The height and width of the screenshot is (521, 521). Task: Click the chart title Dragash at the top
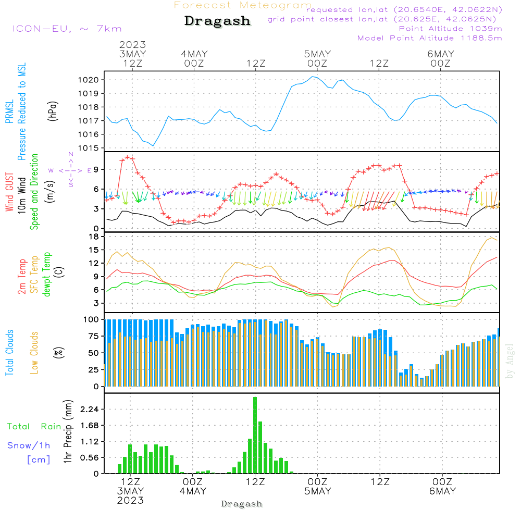coord(217,21)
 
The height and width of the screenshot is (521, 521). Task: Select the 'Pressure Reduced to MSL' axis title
coord(21,112)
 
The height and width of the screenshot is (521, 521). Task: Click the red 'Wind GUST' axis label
coord(10,185)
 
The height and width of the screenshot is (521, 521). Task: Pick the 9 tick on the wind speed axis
coord(96,169)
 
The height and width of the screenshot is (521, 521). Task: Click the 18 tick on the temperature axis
coord(94,237)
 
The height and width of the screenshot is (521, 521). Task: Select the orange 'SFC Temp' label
coord(35,275)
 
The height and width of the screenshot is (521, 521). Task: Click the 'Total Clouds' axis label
coord(10,353)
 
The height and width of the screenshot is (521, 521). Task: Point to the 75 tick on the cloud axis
coord(92,336)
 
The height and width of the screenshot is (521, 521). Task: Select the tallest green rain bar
coord(255,435)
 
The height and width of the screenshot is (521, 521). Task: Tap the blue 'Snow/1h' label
coord(29,445)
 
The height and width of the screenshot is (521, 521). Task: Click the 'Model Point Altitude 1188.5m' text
coord(430,38)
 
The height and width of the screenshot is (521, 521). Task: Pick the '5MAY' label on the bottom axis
coord(318,491)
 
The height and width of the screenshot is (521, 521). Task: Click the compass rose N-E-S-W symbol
coord(71,170)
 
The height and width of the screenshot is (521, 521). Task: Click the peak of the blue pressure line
coord(313,77)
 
